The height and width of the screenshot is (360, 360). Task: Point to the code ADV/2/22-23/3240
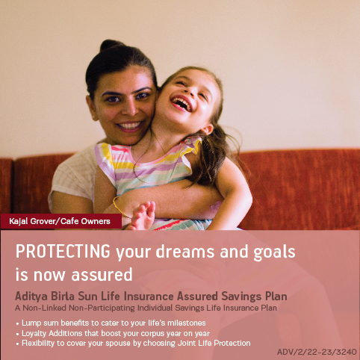pos(317,351)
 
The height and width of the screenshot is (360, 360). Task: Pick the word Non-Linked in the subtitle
pos(45,307)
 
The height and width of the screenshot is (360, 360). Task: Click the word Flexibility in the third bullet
pos(41,343)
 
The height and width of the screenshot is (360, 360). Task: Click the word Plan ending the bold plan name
pos(274,297)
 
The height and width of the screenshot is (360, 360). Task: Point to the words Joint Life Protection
pos(214,343)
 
